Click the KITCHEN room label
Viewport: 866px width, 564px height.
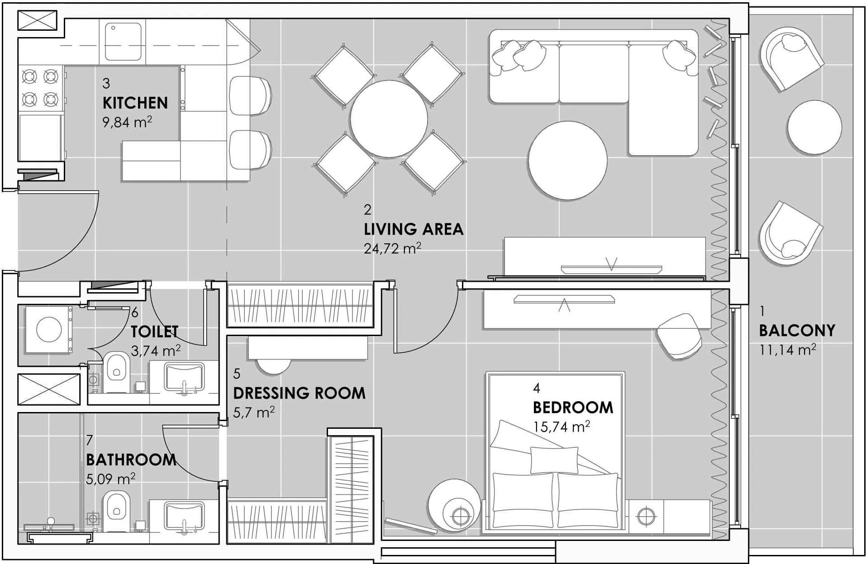[x=135, y=103]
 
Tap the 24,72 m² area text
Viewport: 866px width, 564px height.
[x=393, y=248]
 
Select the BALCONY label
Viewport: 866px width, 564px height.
[x=797, y=331]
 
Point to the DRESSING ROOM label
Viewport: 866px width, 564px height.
[x=300, y=393]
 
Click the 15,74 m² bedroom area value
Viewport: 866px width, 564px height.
[x=561, y=427]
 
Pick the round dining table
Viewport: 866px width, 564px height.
[x=389, y=119]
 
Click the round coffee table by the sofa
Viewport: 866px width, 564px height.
[x=567, y=160]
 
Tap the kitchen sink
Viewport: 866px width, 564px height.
[x=123, y=42]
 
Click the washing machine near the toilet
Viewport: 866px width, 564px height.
[x=48, y=329]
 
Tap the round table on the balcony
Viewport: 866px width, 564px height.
[x=814, y=127]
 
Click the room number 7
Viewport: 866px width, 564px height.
[x=90, y=440]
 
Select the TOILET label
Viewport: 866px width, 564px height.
[x=155, y=332]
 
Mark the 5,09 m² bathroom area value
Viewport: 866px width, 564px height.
[x=110, y=479]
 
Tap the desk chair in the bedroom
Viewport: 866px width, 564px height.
[x=679, y=337]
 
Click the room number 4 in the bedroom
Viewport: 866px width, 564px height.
[x=537, y=388]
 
